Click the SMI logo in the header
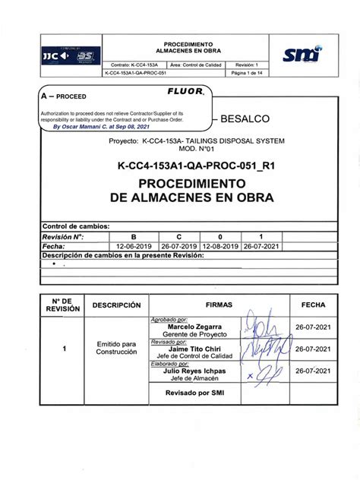(x=302, y=55)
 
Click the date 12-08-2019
(x=220, y=247)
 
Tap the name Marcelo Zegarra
(x=194, y=327)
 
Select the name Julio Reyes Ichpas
(x=194, y=371)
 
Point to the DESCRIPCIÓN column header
(x=117, y=305)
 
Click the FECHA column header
(x=312, y=305)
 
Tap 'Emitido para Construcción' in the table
(x=117, y=349)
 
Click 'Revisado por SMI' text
(x=194, y=394)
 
